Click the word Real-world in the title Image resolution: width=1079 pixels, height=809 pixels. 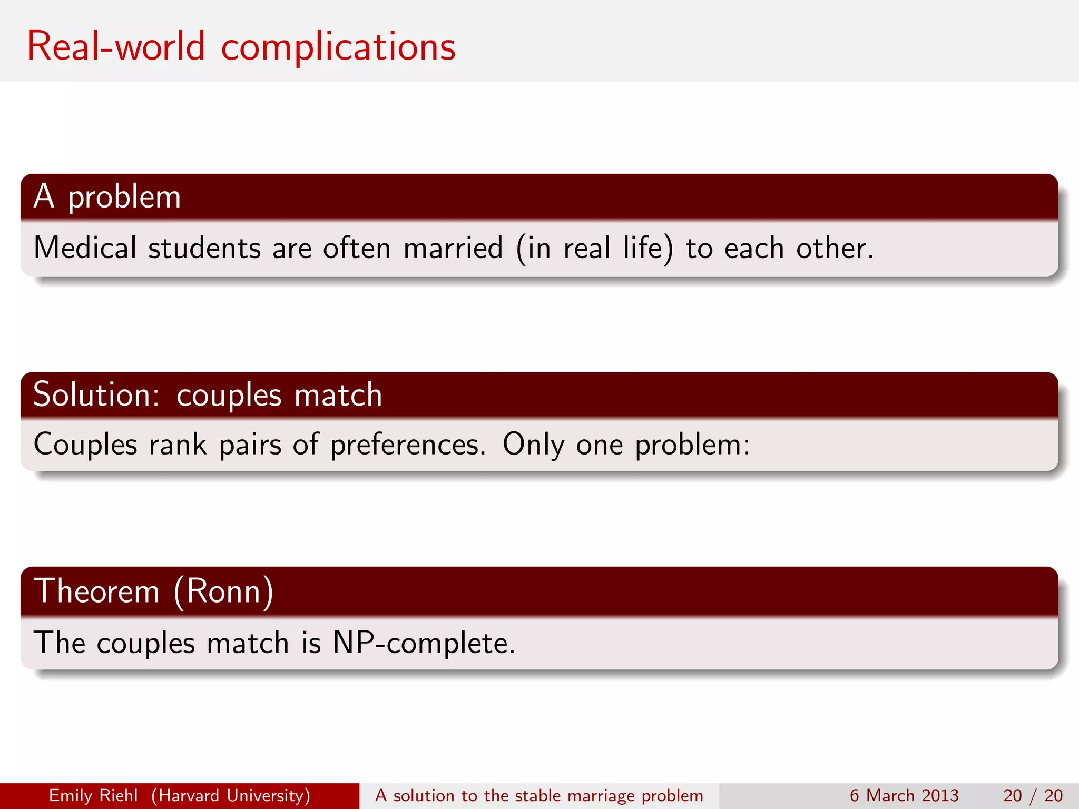(x=115, y=46)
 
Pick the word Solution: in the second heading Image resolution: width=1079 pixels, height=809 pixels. (x=96, y=394)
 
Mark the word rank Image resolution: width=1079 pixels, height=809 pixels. (x=178, y=445)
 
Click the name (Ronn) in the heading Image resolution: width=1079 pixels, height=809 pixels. (x=223, y=591)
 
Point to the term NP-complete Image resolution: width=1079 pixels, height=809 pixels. (x=424, y=643)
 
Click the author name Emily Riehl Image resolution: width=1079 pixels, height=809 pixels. (x=93, y=795)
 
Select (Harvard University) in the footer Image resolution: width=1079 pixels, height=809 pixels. (x=231, y=795)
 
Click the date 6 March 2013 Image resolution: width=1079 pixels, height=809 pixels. (x=904, y=795)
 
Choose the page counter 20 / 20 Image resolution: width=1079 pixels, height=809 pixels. (x=1033, y=795)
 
